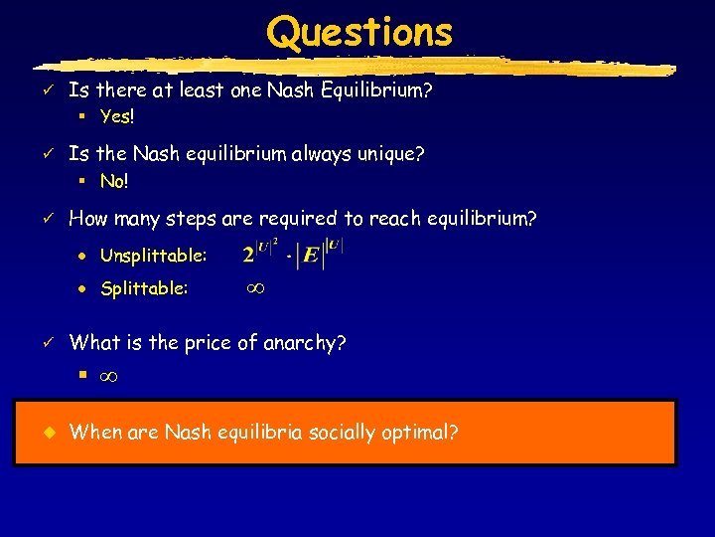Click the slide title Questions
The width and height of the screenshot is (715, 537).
358,32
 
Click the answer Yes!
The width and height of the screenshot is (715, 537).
117,116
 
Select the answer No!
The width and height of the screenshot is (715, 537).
114,182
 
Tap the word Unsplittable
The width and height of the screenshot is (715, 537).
153,257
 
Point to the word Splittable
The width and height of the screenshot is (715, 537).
143,289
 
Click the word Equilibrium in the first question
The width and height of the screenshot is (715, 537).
382,90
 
